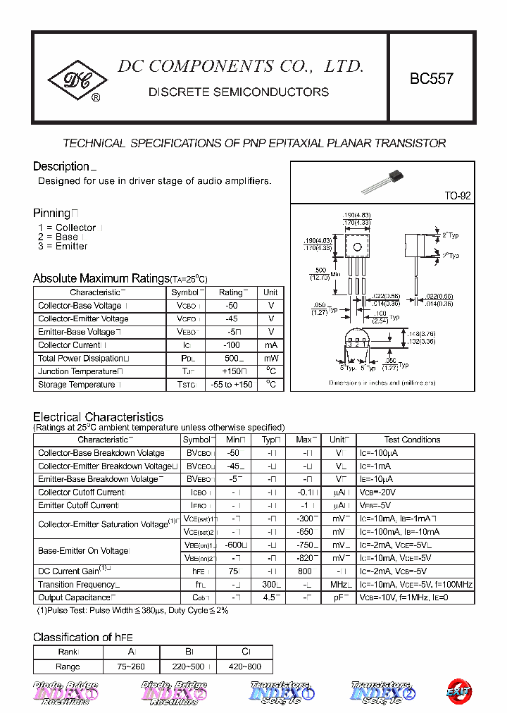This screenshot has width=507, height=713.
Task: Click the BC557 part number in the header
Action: (x=432, y=79)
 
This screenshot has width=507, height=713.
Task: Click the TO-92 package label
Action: (x=457, y=196)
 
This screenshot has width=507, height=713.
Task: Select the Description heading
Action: (x=61, y=166)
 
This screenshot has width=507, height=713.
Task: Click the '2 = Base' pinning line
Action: (x=58, y=237)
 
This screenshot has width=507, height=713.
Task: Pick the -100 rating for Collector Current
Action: (x=231, y=345)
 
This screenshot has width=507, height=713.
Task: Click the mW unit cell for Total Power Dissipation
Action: (x=270, y=358)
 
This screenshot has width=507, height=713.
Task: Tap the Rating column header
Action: (x=231, y=292)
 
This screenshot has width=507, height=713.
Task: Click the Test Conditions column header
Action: (x=412, y=440)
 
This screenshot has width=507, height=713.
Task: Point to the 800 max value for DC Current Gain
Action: (x=304, y=571)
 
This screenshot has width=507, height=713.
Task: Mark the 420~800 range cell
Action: (x=245, y=666)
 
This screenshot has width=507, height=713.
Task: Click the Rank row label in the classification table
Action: (x=68, y=652)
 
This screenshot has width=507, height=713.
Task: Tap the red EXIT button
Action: (x=459, y=691)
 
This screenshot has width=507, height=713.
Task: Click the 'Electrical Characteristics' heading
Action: (x=98, y=417)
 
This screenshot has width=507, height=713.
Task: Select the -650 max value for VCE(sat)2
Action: (x=304, y=532)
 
